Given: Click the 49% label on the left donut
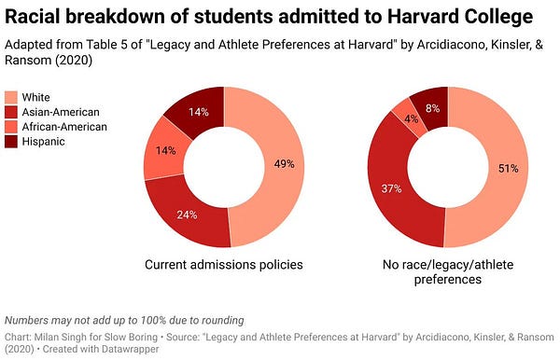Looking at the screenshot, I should [285, 164].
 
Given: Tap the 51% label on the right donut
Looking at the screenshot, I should [510, 168].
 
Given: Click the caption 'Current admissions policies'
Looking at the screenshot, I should [223, 265].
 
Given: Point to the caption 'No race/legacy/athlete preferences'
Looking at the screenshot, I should [444, 271].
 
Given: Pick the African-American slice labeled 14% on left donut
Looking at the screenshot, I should [164, 152].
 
